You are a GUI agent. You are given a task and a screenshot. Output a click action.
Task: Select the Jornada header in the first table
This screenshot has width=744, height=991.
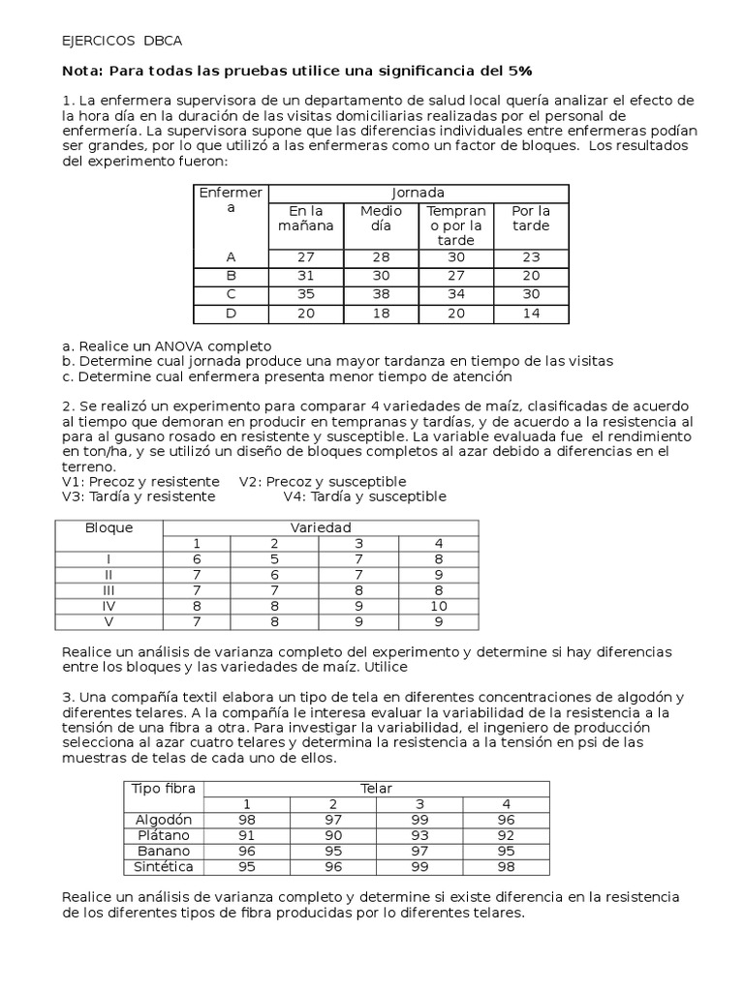418,193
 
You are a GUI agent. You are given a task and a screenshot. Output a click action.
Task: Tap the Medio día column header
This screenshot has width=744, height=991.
381,218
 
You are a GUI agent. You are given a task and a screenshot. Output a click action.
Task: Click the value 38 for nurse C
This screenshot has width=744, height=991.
381,294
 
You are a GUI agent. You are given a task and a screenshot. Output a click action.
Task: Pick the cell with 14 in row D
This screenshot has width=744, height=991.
531,313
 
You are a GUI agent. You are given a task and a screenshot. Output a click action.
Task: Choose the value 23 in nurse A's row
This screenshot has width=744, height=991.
531,256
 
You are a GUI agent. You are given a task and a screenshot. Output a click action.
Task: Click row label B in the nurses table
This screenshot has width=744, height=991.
231,276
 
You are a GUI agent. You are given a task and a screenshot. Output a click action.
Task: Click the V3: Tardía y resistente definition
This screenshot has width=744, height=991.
138,496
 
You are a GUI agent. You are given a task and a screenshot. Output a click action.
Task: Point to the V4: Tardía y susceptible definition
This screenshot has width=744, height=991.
364,496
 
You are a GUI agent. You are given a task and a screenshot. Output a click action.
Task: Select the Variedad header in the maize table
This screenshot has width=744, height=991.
321,527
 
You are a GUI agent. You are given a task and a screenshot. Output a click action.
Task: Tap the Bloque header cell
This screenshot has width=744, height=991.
109,527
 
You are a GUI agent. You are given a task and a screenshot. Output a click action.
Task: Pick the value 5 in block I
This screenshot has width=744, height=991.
274,558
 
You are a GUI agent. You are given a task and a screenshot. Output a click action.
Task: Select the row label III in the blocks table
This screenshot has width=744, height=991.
109,589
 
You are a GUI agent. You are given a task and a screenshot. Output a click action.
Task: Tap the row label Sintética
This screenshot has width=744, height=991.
164,866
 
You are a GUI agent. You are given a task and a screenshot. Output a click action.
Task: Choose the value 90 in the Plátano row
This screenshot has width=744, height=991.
334,835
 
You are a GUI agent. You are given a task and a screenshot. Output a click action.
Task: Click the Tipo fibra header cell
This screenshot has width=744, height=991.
164,789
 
